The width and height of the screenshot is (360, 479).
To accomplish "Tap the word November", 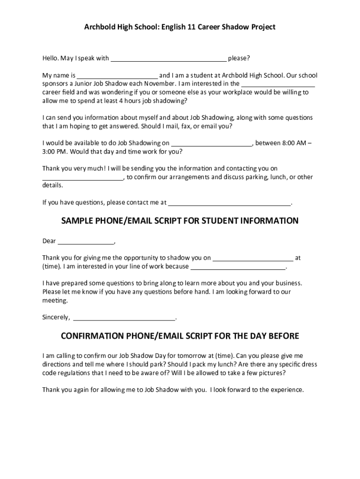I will click(x=158, y=84).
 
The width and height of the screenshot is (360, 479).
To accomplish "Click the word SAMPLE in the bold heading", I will click(x=78, y=221).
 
